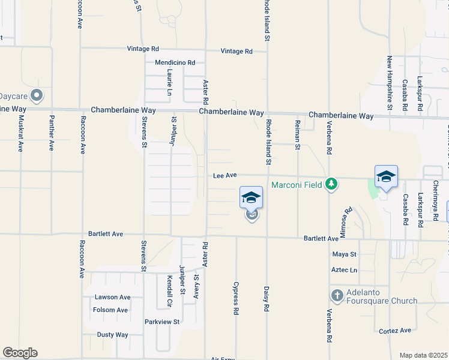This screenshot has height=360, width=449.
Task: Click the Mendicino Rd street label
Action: pyautogui.click(x=175, y=62)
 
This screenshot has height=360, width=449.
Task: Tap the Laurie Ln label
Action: pyautogui.click(x=170, y=83)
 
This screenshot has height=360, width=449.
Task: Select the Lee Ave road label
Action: pyautogui.click(x=225, y=175)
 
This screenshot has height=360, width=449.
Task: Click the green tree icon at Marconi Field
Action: pyautogui.click(x=330, y=184)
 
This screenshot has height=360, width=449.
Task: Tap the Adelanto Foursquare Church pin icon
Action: pyautogui.click(x=336, y=296)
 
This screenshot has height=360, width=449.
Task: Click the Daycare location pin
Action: pyautogui.click(x=37, y=95)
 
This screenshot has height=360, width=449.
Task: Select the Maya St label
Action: pyautogui.click(x=345, y=254)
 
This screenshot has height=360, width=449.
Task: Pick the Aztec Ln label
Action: pyautogui.click(x=344, y=270)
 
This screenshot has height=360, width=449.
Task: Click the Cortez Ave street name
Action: pyautogui.click(x=395, y=331)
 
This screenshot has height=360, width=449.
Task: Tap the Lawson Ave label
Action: pyautogui.click(x=112, y=297)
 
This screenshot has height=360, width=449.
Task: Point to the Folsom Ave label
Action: pyautogui.click(x=110, y=310)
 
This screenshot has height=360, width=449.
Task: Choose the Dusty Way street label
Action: pyautogui.click(x=113, y=335)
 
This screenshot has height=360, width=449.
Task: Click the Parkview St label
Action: pyautogui.click(x=162, y=322)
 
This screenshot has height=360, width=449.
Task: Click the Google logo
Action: pyautogui.click(x=20, y=353)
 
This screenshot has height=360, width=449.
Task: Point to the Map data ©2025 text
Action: pyautogui.click(x=423, y=355)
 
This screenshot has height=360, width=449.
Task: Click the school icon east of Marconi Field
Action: pyautogui.click(x=386, y=177)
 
